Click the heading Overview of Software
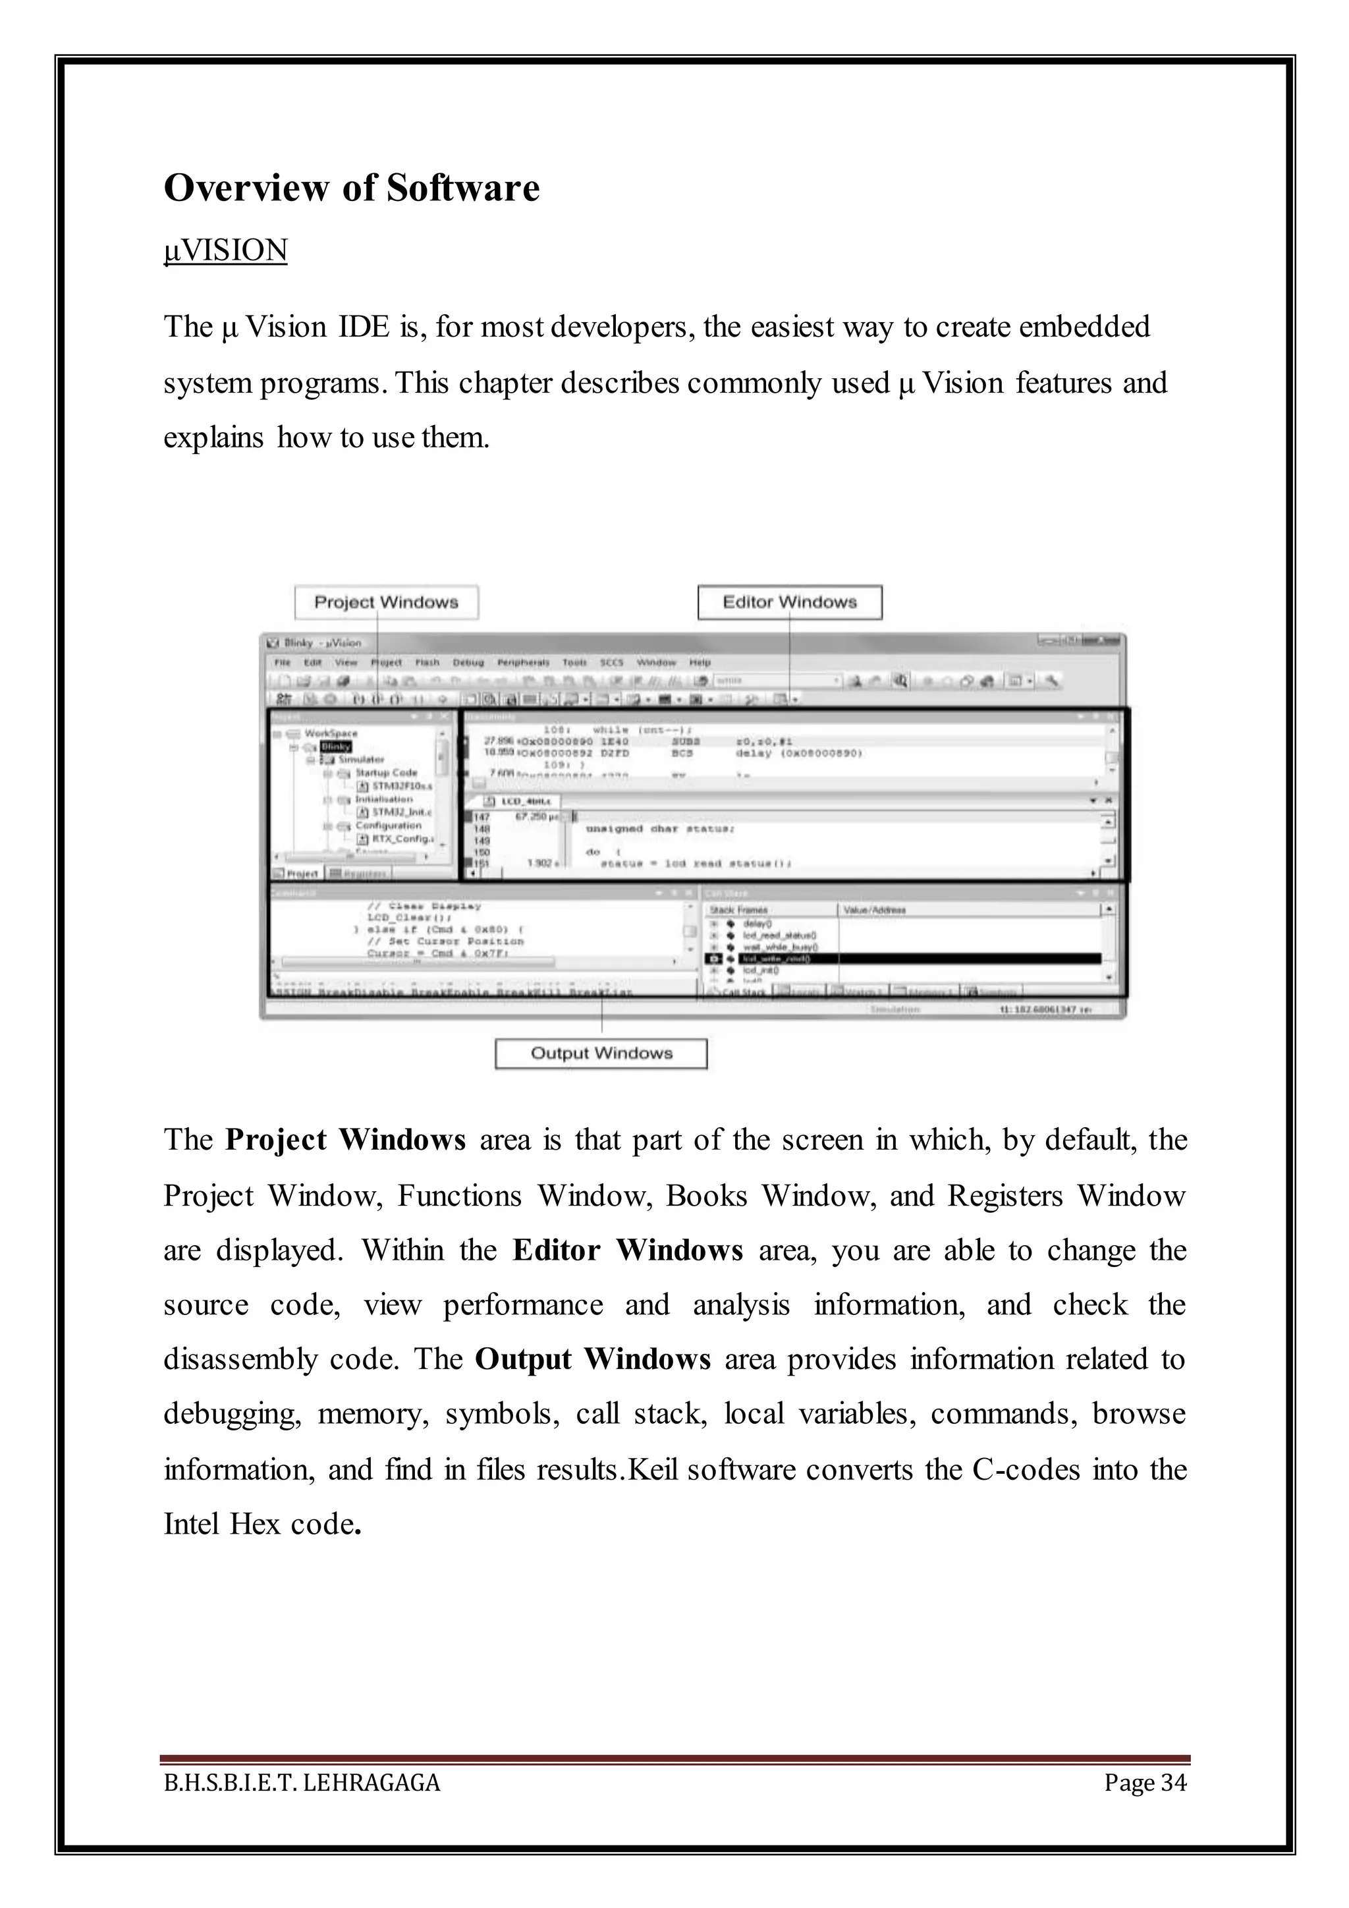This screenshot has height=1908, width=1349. coord(351,188)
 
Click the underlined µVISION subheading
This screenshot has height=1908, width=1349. coord(226,250)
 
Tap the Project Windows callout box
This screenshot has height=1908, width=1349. coord(386,602)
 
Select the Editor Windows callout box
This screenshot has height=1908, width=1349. coord(789,602)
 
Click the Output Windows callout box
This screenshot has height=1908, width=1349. coord(601,1053)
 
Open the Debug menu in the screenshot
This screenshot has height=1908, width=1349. coord(468,662)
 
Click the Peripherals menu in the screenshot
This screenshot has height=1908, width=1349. coord(523,662)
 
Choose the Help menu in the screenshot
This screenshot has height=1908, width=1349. coord(700,662)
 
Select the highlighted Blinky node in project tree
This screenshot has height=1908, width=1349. coord(335,746)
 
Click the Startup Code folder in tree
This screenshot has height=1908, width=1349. coord(386,773)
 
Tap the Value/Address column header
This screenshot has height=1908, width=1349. coord(875,910)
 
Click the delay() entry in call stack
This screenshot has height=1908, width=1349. coord(757,923)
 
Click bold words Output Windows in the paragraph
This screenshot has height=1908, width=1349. coord(592,1360)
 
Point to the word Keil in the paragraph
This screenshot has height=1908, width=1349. coord(653,1469)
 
